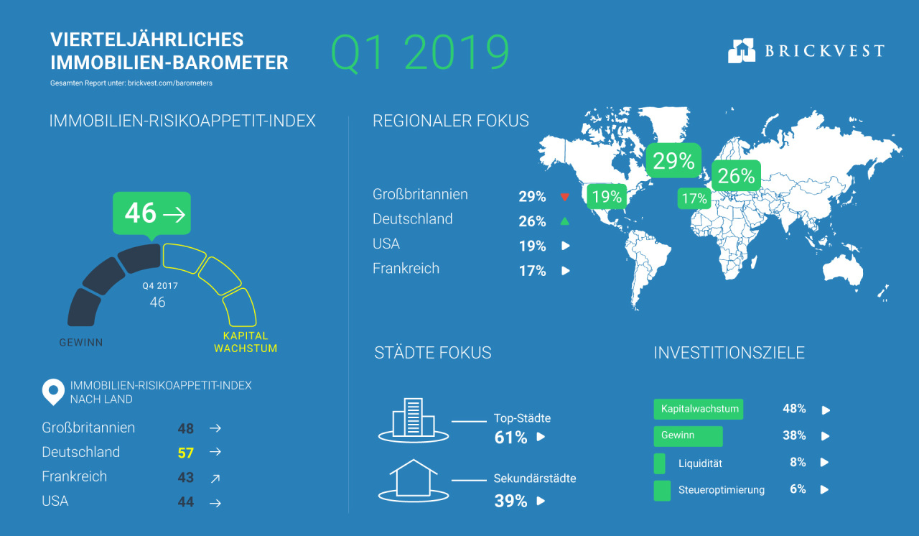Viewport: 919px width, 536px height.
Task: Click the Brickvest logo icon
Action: click(x=742, y=50)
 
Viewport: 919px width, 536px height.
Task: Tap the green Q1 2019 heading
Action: click(x=420, y=52)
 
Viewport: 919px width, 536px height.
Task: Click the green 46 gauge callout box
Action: click(x=151, y=214)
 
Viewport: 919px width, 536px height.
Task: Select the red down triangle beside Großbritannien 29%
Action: click(x=565, y=197)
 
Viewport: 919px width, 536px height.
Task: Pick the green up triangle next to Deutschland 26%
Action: click(x=565, y=221)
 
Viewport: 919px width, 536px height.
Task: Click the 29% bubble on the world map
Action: click(x=673, y=160)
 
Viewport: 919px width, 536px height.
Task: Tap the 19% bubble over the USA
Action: click(x=607, y=197)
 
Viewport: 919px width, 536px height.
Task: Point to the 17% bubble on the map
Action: click(x=694, y=198)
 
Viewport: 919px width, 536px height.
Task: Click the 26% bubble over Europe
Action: click(x=736, y=175)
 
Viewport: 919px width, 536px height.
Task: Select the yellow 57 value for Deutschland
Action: click(x=185, y=453)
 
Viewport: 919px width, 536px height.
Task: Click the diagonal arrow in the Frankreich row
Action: click(x=215, y=478)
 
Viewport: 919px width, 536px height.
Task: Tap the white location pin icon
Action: click(x=53, y=392)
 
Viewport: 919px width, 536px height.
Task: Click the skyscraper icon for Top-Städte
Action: click(x=413, y=420)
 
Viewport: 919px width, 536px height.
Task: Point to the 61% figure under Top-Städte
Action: click(x=510, y=438)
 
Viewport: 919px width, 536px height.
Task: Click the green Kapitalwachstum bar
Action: click(x=699, y=409)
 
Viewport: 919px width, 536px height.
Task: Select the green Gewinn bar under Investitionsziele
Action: click(x=688, y=436)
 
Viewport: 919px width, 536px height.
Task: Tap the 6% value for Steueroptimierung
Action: click(x=798, y=489)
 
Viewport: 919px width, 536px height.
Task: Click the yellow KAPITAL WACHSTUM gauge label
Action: click(x=246, y=342)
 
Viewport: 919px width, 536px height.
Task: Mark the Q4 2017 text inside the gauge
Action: click(x=160, y=286)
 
